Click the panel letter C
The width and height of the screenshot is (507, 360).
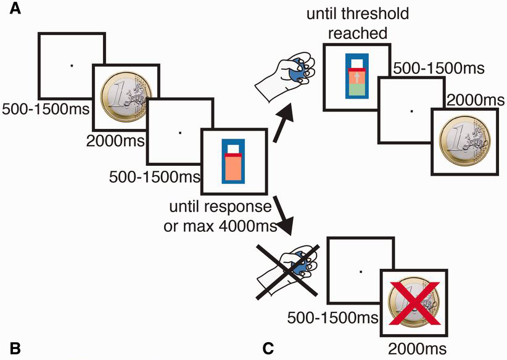click(x=268, y=348)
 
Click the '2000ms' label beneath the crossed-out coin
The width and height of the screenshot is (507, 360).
click(x=417, y=348)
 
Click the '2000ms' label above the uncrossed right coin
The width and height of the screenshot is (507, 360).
click(x=469, y=99)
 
